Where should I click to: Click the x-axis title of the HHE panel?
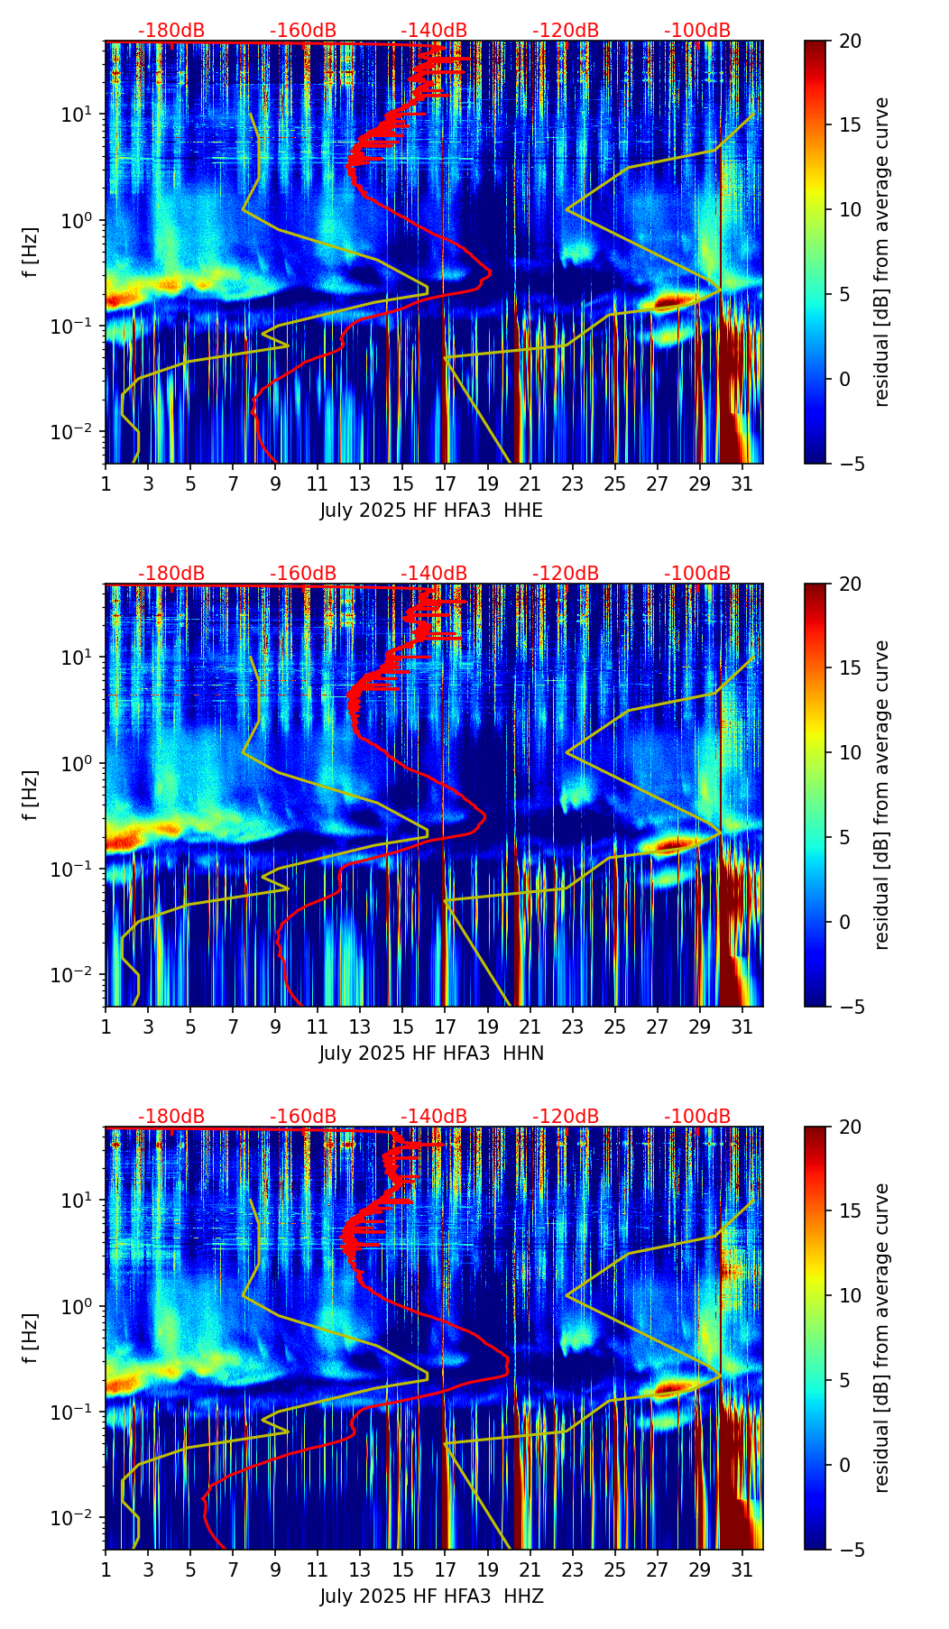(431, 511)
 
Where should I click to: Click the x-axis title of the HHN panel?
(431, 1054)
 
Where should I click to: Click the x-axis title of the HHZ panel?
(431, 1597)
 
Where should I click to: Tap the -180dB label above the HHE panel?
(171, 31)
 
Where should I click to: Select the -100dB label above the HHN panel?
(697, 574)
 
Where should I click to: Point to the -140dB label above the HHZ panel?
(434, 1117)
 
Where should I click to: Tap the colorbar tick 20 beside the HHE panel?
(850, 41)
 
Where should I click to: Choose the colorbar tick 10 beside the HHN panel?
(850, 752)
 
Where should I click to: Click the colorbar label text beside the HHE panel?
(881, 252)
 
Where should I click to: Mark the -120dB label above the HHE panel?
(566, 31)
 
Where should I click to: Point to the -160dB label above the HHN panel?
(303, 574)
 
